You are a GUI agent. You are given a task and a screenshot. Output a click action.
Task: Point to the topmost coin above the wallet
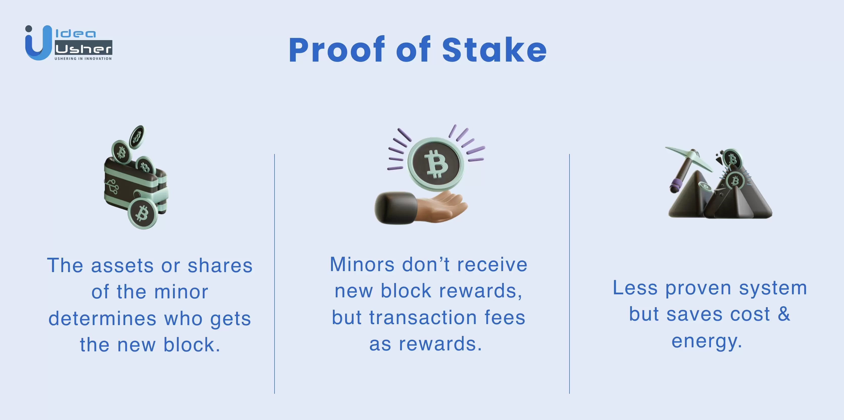click(137, 137)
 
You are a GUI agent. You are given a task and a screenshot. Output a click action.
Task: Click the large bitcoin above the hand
click(436, 164)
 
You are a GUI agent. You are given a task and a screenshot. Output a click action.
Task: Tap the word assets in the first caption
click(122, 266)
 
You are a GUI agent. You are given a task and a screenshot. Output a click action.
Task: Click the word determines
click(103, 319)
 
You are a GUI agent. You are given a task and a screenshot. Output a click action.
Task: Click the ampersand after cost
click(784, 314)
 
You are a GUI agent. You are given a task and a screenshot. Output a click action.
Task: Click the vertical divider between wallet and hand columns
click(275, 274)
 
